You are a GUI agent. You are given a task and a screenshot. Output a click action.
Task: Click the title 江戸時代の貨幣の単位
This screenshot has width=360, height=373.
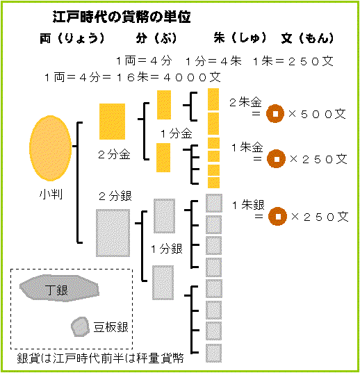[122, 17]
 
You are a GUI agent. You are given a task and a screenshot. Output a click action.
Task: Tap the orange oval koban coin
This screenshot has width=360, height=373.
[51, 148]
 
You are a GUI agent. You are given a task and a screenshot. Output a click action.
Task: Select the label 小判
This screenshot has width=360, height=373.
[51, 194]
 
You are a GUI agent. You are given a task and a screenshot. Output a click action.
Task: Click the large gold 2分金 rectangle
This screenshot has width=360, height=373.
[113, 122]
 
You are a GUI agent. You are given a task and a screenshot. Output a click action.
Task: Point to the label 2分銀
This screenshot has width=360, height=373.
[115, 197]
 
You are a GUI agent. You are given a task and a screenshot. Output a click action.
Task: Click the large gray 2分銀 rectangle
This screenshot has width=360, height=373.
[113, 233]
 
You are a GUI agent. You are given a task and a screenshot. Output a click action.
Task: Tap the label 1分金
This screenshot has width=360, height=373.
[177, 133]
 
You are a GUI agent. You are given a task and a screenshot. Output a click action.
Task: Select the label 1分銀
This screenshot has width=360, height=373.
[167, 249]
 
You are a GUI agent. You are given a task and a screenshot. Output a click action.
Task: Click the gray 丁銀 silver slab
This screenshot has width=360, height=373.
[59, 288]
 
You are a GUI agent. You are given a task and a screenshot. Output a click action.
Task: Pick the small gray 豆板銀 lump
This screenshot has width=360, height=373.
[80, 326]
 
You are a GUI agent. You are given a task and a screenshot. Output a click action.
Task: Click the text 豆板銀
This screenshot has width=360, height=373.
[111, 327]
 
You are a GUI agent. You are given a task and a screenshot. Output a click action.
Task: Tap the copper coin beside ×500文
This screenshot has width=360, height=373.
[275, 113]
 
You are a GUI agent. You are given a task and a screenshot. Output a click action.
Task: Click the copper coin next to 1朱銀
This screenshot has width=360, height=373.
[277, 216]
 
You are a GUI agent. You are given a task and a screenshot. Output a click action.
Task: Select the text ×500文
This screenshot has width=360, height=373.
[317, 114]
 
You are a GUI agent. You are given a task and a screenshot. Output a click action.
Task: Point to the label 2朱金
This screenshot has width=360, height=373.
[245, 102]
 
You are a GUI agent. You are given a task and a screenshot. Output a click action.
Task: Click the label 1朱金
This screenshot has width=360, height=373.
[247, 147]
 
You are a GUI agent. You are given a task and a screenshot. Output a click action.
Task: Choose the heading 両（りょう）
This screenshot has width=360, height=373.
[72, 38]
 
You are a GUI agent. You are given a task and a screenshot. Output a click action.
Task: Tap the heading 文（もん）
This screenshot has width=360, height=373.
[307, 38]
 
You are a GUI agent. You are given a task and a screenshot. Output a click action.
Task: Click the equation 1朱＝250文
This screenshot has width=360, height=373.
[293, 61]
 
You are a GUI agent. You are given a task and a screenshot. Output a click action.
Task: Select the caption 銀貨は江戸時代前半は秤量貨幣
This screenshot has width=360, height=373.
[100, 358]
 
